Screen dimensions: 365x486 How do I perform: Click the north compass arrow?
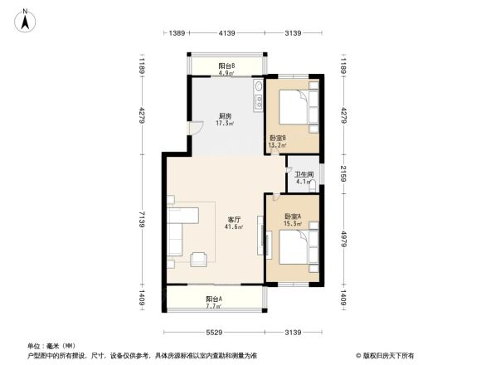[27, 19]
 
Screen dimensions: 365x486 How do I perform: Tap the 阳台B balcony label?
[226, 66]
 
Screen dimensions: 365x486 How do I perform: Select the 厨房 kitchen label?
[225, 116]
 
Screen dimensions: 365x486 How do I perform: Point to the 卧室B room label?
[278, 138]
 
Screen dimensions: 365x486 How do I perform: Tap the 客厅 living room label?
[235, 220]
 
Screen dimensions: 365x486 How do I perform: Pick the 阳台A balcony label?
[214, 299]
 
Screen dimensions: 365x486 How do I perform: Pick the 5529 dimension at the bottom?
[217, 333]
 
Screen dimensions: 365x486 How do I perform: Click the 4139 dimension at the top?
[228, 33]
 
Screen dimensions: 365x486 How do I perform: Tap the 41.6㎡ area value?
[235, 227]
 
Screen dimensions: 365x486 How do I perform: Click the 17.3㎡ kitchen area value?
[225, 124]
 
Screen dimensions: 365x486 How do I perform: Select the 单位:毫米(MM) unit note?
[51, 346]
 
